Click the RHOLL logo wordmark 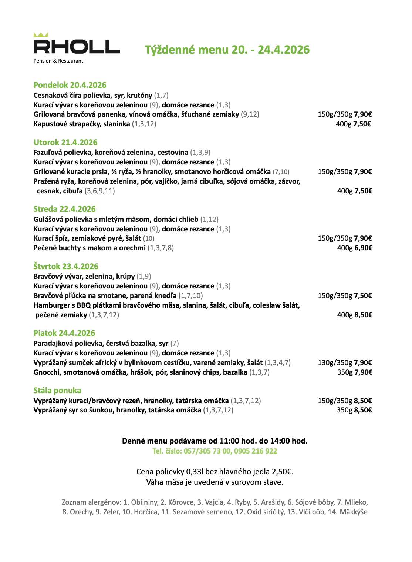77,47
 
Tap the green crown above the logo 41,35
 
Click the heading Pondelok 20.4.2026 70,85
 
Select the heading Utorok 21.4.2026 65,143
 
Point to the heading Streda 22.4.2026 64,209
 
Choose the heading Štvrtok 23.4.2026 66,267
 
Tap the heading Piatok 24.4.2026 64,333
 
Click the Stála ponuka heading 57,391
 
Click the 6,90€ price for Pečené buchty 363,248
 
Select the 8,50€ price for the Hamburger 363,315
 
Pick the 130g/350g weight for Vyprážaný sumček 335,363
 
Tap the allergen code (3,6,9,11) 99,191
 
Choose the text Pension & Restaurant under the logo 58,61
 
